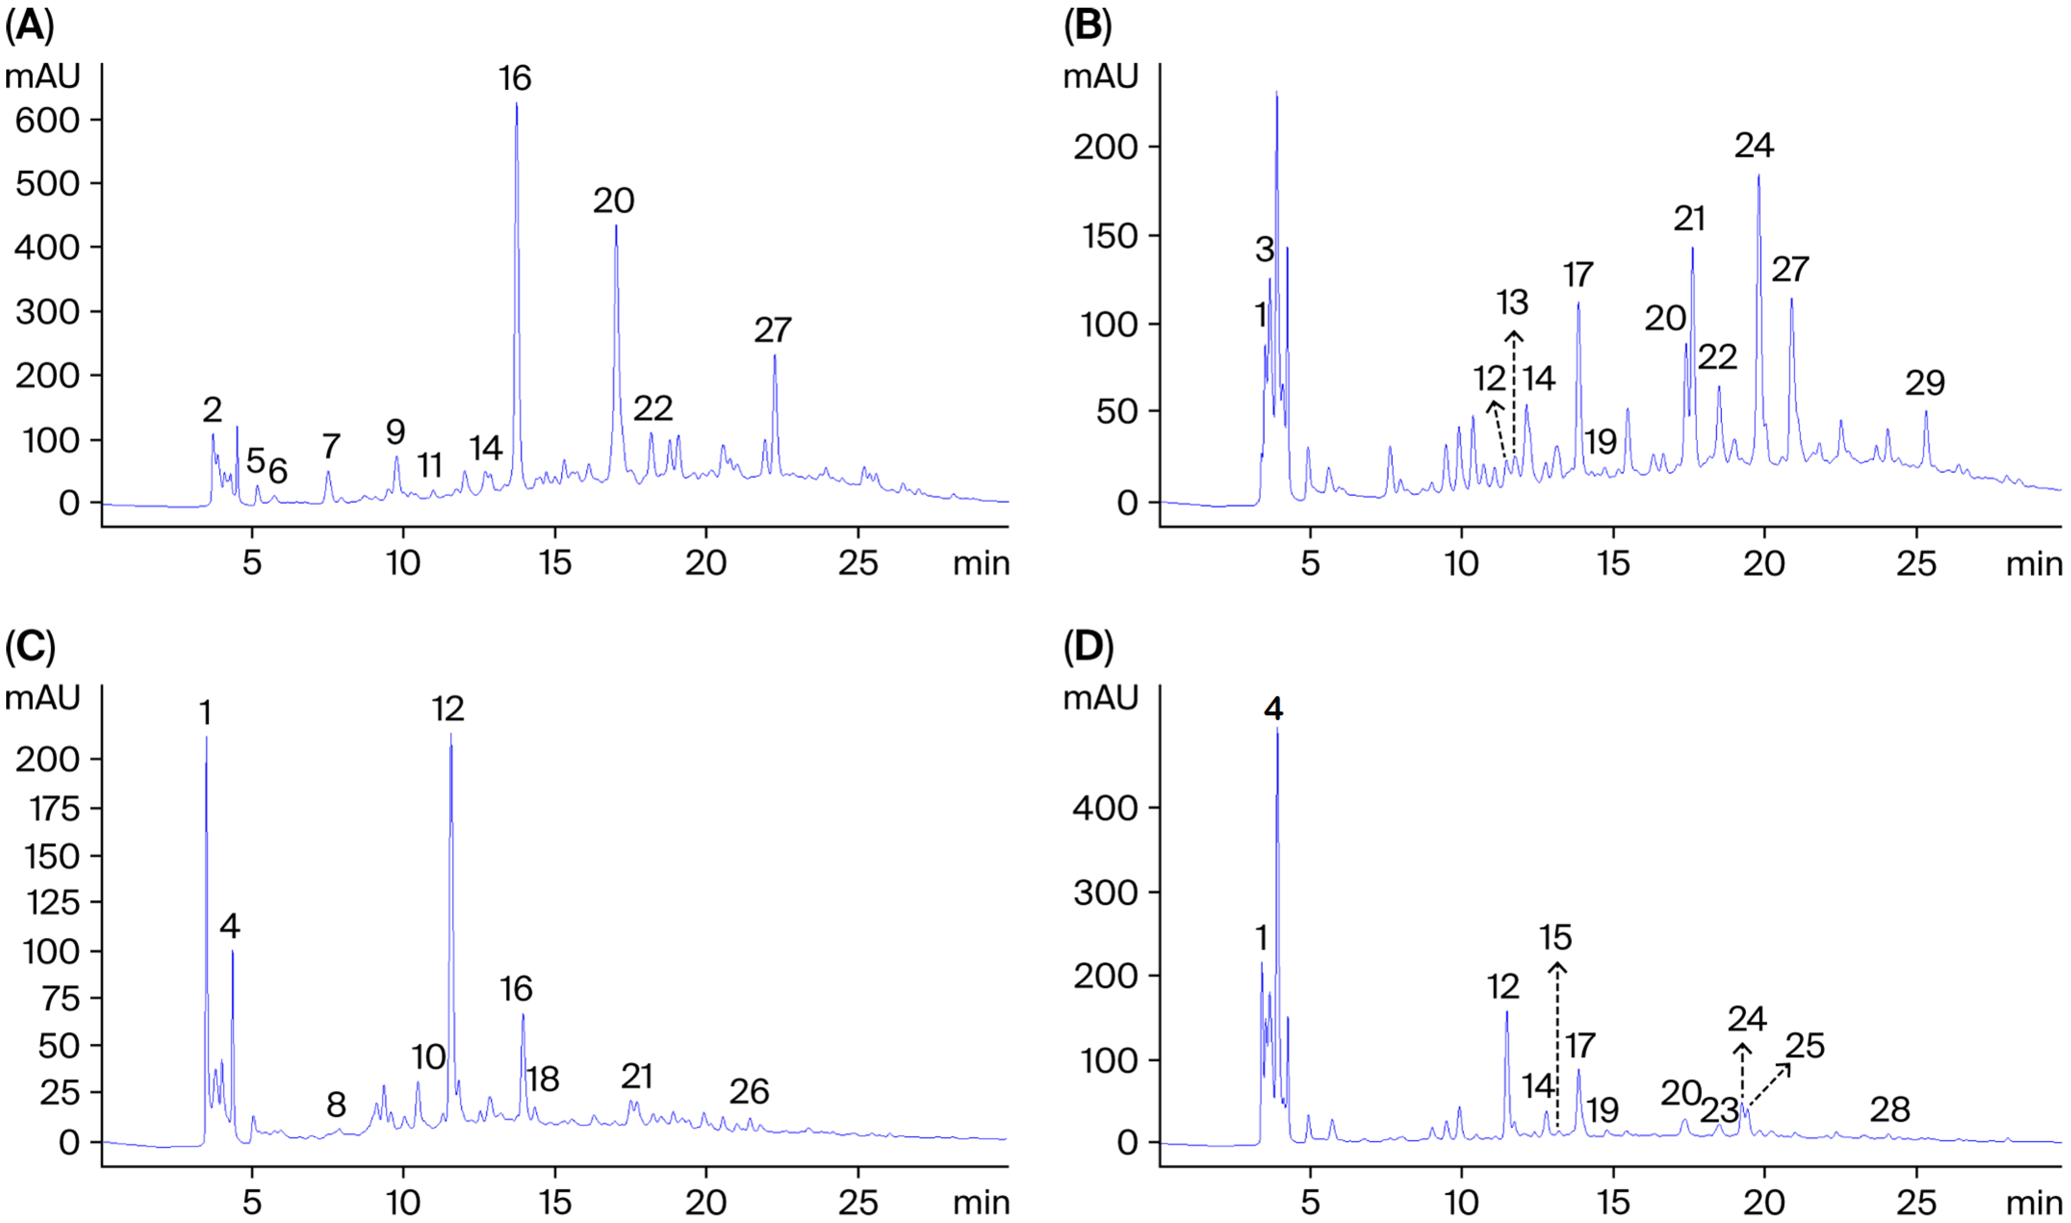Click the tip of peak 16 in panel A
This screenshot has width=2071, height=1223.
[x=516, y=104]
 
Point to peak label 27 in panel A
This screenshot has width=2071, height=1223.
[x=773, y=331]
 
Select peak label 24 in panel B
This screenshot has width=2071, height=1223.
[x=1754, y=146]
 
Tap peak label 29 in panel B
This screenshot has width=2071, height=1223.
[x=1924, y=383]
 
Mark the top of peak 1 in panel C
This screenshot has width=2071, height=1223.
[x=206, y=738]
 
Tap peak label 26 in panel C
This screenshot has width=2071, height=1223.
[x=749, y=1092]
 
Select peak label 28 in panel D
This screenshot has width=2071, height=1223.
[x=1890, y=1110]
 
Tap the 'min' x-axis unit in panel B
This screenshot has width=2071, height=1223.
[x=2033, y=565]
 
